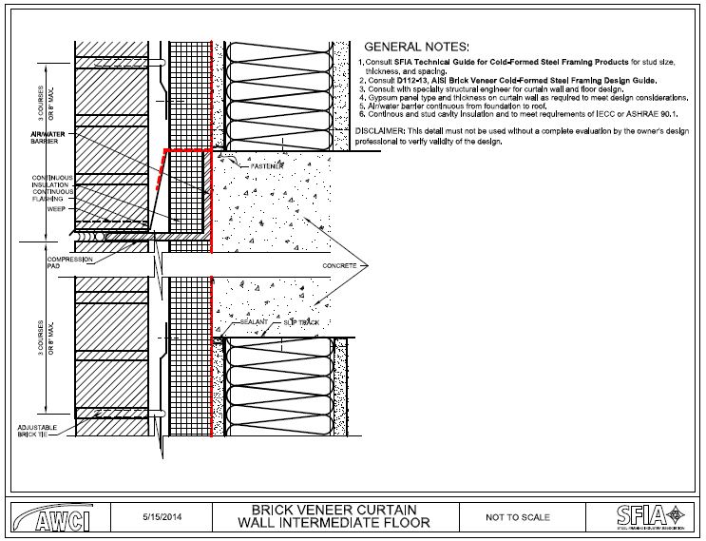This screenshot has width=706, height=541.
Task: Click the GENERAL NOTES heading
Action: pyautogui.click(x=417, y=47)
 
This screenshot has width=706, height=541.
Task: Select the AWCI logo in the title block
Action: pyautogui.click(x=49, y=518)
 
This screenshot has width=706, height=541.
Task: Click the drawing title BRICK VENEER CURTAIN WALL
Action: pyautogui.click(x=334, y=516)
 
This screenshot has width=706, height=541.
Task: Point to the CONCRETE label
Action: pyautogui.click(x=340, y=265)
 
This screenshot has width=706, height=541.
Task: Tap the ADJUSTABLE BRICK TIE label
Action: pyautogui.click(x=37, y=432)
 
